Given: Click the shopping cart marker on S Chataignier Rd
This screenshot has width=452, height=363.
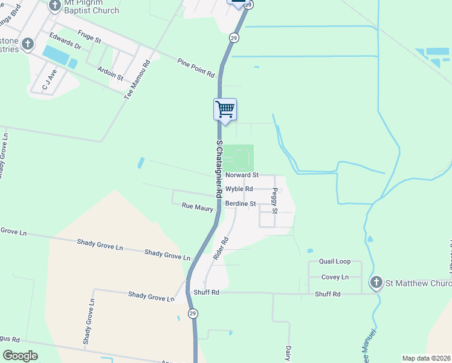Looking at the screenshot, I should point(225,110).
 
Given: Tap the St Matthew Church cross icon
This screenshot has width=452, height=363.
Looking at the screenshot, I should point(376,283).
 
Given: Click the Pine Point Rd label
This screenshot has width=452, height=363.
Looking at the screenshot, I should point(196,67).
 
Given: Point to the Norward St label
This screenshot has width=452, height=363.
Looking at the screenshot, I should point(242,175).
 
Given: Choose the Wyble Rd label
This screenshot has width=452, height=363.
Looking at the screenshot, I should point(239,189).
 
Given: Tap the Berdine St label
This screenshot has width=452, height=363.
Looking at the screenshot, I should point(241,204).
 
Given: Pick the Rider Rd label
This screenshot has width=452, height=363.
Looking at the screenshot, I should point(220,248).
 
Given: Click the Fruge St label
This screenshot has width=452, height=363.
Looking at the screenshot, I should point(89,37).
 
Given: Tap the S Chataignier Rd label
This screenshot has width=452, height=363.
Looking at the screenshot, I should point(219,168).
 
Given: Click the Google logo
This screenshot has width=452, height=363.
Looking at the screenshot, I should point(20,356).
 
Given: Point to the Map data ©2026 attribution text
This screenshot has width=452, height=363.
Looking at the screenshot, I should point(425,358).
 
